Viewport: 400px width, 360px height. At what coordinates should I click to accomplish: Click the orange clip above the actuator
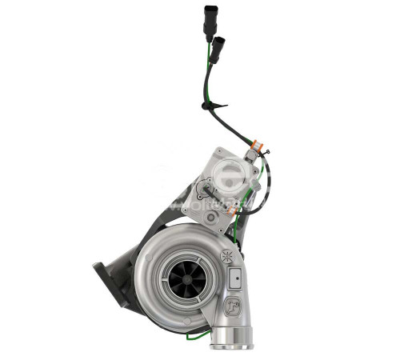[254, 149]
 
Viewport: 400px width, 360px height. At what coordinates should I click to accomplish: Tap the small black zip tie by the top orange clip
[263, 152]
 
